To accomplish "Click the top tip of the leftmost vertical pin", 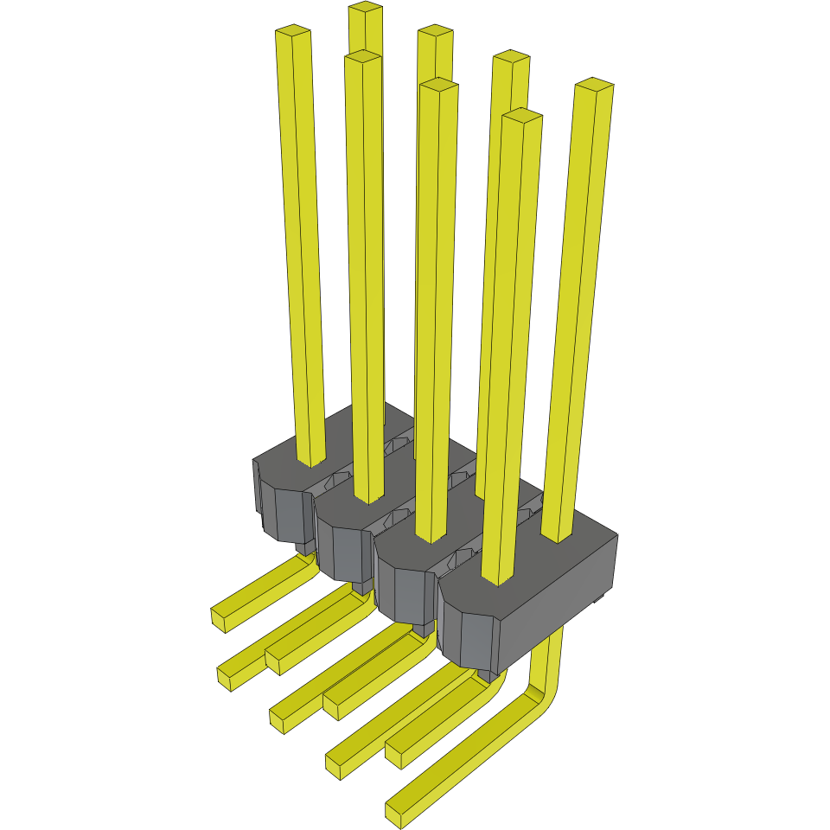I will click(292, 32).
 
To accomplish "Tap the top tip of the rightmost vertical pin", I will click(595, 85).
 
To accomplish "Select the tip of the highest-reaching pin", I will click(365, 8).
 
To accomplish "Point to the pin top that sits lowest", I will click(521, 116).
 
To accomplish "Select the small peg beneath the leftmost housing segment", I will click(304, 546).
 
